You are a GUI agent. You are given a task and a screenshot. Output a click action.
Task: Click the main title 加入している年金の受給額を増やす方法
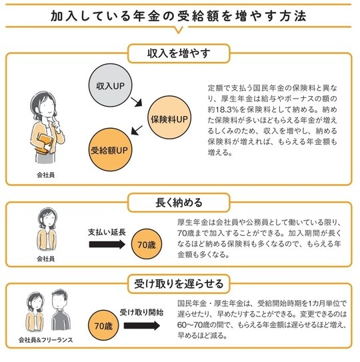(178, 16)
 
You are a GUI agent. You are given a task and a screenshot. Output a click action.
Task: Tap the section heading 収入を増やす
(179, 53)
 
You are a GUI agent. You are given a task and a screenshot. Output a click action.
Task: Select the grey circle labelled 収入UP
(111, 85)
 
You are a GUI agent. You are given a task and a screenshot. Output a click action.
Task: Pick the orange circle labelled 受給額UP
(110, 149)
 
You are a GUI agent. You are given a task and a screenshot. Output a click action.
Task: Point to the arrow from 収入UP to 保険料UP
(136, 102)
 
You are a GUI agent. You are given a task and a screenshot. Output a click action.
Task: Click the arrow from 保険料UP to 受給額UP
(137, 130)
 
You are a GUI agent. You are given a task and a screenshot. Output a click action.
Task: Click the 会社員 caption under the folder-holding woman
(46, 175)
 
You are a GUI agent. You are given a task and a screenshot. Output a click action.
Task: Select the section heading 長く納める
(179, 203)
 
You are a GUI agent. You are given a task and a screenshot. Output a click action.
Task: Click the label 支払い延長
(107, 232)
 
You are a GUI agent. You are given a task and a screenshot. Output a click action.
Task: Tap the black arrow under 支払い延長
(107, 244)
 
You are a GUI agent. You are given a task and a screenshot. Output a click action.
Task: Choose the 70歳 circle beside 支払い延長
(147, 244)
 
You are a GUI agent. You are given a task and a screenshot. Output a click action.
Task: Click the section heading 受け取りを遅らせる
(179, 284)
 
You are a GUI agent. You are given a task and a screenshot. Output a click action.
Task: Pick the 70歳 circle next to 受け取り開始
(103, 325)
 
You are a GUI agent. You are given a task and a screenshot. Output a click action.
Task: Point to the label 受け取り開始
(141, 313)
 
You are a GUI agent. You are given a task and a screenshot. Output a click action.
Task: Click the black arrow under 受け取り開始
(142, 326)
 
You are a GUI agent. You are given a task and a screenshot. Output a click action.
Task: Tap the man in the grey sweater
(61, 310)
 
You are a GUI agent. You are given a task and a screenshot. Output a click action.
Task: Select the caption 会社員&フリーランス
(46, 340)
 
